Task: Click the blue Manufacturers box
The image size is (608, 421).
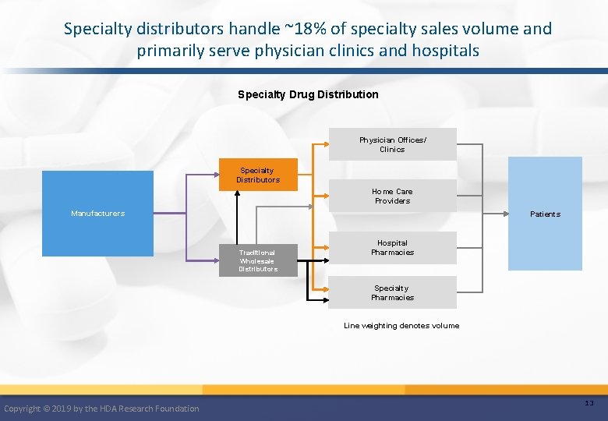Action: point(97,213)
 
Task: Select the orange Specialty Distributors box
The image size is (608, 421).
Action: point(258,175)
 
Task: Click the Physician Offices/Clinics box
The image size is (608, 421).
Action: point(392,144)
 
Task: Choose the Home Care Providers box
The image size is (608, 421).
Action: point(392,196)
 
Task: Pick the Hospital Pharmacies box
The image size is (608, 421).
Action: point(392,248)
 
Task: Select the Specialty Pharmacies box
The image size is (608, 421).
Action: point(392,292)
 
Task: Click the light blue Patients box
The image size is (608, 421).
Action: point(545,214)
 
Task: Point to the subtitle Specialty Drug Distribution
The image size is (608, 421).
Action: point(308,94)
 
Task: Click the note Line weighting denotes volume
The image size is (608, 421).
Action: point(401,326)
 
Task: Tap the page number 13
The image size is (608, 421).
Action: point(589,402)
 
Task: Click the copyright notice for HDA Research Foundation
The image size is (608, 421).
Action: point(101,409)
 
